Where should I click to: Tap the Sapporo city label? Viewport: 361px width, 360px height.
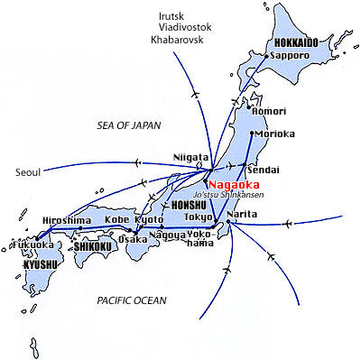290,54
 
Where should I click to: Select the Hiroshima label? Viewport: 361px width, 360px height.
67,220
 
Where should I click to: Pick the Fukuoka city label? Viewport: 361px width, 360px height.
29,244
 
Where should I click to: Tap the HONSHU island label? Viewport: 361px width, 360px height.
165,206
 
